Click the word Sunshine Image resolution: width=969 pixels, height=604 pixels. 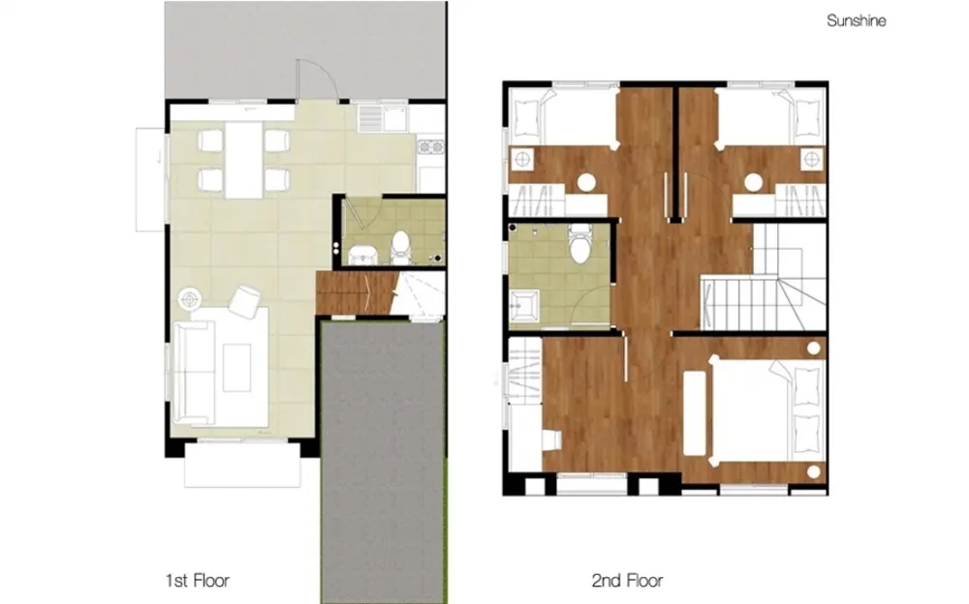coord(856,20)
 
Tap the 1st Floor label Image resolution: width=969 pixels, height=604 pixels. coord(197,581)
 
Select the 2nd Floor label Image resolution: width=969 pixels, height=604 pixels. coord(627,581)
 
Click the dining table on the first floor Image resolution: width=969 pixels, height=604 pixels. coord(243,160)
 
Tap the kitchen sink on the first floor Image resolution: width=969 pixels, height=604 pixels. coord(383,119)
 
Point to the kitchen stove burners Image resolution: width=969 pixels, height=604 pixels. coord(431,146)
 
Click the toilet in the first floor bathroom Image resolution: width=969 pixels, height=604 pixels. coord(400,247)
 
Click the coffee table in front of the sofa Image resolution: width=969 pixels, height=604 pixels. coord(236,368)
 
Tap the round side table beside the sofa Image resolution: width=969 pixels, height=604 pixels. coord(190,300)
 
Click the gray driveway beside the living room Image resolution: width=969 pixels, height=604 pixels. coord(383,460)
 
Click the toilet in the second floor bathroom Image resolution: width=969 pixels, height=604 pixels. coord(579,243)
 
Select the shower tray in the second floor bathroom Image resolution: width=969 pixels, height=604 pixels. coord(524,305)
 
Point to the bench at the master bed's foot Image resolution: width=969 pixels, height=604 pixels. coord(695,413)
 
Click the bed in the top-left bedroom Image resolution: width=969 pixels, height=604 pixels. coord(562,117)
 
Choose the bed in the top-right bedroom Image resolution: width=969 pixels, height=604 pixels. coord(770,117)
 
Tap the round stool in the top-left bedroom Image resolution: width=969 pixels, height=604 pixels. coord(586,183)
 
